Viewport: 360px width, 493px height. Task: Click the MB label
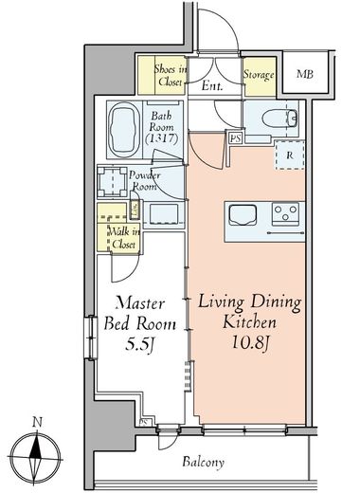pos(305,74)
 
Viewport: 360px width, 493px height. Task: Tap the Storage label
pos(259,75)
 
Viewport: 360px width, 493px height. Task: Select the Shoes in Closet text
pos(171,76)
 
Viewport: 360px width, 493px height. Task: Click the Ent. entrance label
pos(212,86)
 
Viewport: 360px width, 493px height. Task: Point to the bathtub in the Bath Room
pos(124,129)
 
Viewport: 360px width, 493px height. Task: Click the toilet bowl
pos(279,119)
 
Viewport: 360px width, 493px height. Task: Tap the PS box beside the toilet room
pos(236,138)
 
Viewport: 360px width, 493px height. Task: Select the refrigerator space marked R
pos(290,155)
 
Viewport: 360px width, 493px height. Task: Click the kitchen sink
pos(243,215)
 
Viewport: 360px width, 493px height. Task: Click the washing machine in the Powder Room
pos(113,181)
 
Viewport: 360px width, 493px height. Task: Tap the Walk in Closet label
pos(123,238)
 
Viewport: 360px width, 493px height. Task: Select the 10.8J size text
pos(250,342)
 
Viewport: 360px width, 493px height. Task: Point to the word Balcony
pos(203,462)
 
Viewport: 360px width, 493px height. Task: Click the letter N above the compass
pos(38,423)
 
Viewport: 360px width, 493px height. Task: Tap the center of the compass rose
pos(35,458)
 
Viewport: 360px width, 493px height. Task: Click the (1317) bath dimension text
pos(162,138)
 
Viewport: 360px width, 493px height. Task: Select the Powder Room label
pos(144,181)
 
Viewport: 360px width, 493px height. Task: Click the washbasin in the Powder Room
pos(163,213)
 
